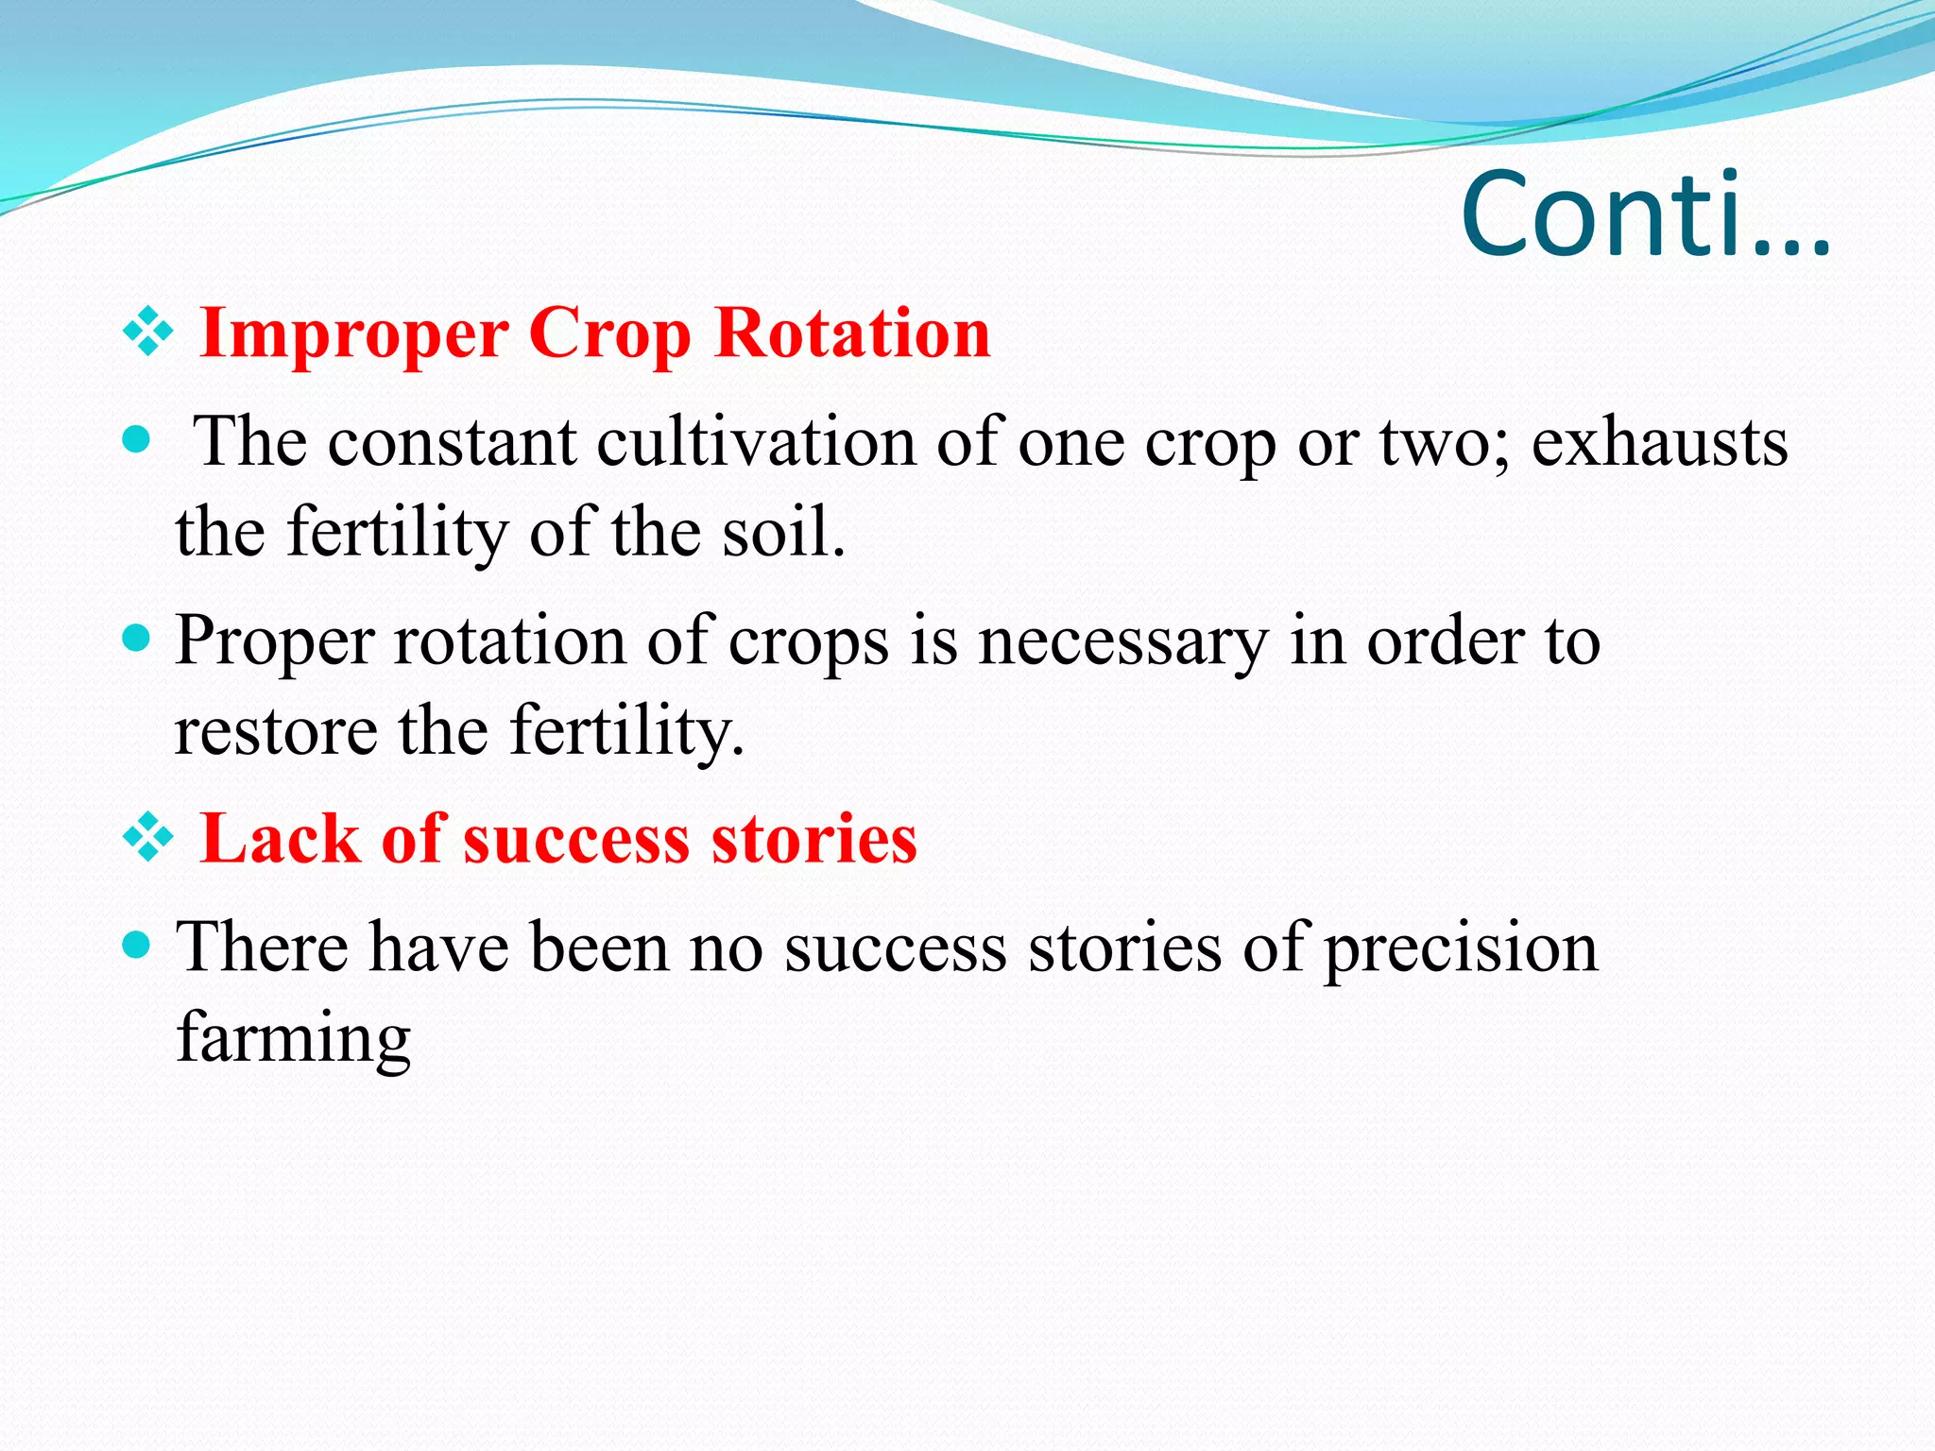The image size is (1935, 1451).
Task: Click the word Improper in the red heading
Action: click(x=354, y=334)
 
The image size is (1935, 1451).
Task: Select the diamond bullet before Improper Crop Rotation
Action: click(x=148, y=333)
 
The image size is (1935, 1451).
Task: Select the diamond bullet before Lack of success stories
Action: click(x=148, y=838)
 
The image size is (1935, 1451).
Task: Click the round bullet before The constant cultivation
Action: click(x=138, y=440)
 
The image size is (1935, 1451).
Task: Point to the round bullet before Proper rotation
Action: click(x=138, y=640)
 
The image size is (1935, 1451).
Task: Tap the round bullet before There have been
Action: click(x=138, y=945)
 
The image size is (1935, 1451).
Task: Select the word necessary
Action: click(x=1122, y=642)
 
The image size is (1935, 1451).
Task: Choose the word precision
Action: click(x=1460, y=948)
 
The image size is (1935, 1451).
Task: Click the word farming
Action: click(x=294, y=1038)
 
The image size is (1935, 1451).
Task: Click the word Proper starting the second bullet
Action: click(x=275, y=642)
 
